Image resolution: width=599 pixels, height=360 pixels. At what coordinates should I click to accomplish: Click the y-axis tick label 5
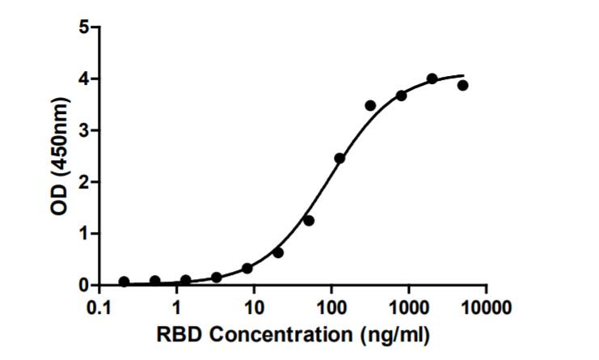[x=83, y=27]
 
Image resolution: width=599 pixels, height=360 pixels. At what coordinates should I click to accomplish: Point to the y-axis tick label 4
[x=83, y=78]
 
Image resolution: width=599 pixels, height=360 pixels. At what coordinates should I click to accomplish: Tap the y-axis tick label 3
[x=83, y=130]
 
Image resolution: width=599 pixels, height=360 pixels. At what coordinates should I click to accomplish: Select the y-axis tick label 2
[x=83, y=182]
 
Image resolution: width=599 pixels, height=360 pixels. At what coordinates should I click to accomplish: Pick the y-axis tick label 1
[x=83, y=234]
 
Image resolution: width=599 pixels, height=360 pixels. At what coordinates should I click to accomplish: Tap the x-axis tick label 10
[x=254, y=308]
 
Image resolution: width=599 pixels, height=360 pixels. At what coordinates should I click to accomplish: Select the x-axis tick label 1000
[x=408, y=308]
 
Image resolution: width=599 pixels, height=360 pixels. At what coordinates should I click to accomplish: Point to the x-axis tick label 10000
[x=486, y=308]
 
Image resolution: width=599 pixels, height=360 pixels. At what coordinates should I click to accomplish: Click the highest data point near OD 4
[x=432, y=78]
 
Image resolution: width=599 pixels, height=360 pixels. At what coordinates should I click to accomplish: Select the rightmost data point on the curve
[x=462, y=85]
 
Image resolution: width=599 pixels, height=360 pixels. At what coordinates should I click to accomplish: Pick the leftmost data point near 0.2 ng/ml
[x=124, y=282]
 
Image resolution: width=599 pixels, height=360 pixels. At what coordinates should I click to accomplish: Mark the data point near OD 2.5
[x=340, y=158]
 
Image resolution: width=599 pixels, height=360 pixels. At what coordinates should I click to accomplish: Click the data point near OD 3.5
[x=370, y=105]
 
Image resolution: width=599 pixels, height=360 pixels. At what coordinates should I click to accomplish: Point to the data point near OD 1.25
[x=309, y=220]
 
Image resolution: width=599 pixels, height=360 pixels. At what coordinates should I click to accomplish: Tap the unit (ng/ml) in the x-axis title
[x=391, y=335]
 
